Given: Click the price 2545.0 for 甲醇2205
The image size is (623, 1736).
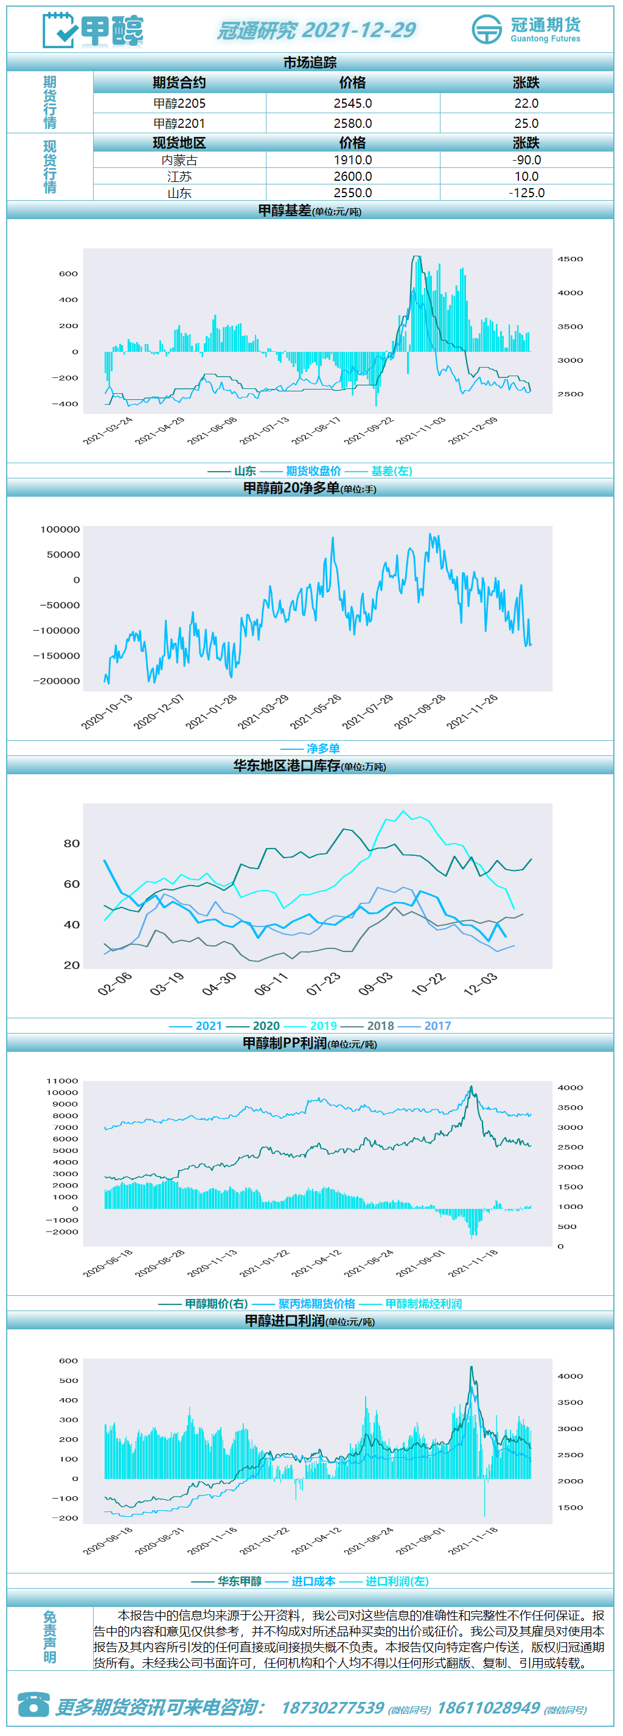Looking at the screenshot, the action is tap(352, 103).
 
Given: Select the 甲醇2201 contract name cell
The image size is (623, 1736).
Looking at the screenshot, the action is tap(179, 124).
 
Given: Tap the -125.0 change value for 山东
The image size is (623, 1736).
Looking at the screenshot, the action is tap(526, 193).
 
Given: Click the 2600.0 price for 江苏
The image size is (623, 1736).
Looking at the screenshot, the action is tap(352, 177).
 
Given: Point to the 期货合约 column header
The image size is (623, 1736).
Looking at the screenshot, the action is tap(179, 83).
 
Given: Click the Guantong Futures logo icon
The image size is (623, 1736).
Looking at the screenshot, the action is tap(486, 29).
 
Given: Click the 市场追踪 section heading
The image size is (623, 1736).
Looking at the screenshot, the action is tap(310, 63).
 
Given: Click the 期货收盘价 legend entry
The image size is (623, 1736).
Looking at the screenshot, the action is tap(313, 471).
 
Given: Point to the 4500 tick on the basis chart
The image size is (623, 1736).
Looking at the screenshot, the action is tap(570, 259).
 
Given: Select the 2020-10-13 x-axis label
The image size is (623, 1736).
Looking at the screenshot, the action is tap(106, 712).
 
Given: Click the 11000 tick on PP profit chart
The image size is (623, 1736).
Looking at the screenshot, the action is tap(62, 1081).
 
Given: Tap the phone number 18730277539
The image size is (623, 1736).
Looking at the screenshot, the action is tap(333, 1708).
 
